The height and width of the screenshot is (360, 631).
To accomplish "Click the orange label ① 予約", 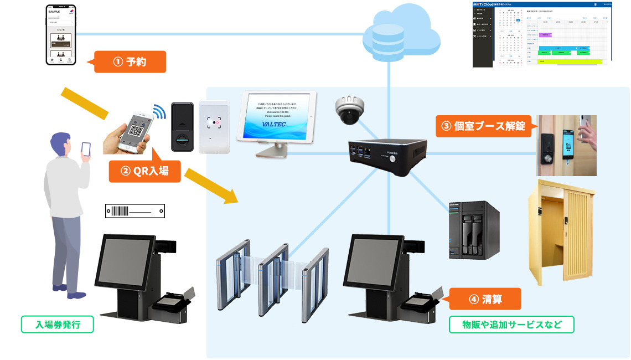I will click(x=130, y=62).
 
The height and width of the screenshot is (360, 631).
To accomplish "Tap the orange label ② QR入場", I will click(x=145, y=171).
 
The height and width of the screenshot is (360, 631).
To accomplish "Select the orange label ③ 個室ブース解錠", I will click(x=483, y=126).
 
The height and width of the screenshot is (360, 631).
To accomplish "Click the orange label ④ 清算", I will click(x=485, y=299).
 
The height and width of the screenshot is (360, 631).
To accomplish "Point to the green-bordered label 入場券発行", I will click(x=58, y=325).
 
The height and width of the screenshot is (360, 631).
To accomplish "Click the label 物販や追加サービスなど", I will click(x=511, y=325).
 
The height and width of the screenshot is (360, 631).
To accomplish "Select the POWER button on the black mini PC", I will click(x=394, y=158).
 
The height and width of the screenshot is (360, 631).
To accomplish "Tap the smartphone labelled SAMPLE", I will click(x=61, y=34).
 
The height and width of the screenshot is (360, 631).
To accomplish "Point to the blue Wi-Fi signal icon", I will click(x=159, y=112).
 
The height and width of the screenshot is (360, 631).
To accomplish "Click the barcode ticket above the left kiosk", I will click(x=135, y=211).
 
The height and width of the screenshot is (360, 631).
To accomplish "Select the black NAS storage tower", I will click(x=474, y=230).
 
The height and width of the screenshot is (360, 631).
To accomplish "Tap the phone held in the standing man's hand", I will click(x=86, y=149).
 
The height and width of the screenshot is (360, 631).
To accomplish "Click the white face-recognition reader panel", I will click(x=214, y=127).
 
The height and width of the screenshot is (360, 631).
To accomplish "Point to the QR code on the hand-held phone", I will click(x=136, y=130).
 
